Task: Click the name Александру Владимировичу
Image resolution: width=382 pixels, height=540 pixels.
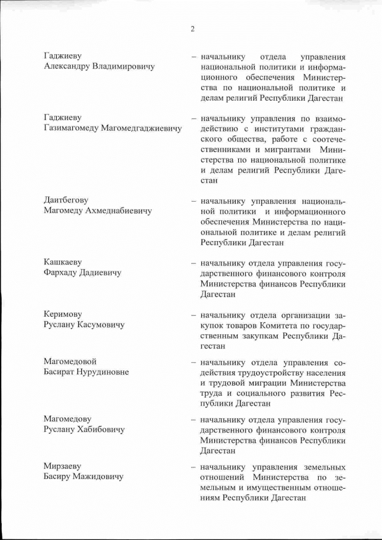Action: click(99, 67)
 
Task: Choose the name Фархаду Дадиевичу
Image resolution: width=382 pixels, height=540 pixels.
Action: click(82, 273)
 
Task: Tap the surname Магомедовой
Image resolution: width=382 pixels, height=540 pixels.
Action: click(70, 362)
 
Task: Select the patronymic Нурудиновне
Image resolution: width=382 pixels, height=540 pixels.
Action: click(109, 372)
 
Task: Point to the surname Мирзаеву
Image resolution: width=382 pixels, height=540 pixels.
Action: click(62, 466)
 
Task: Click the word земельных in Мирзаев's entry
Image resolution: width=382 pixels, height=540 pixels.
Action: click(323, 467)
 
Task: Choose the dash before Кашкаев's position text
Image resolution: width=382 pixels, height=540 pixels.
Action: click(194, 263)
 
